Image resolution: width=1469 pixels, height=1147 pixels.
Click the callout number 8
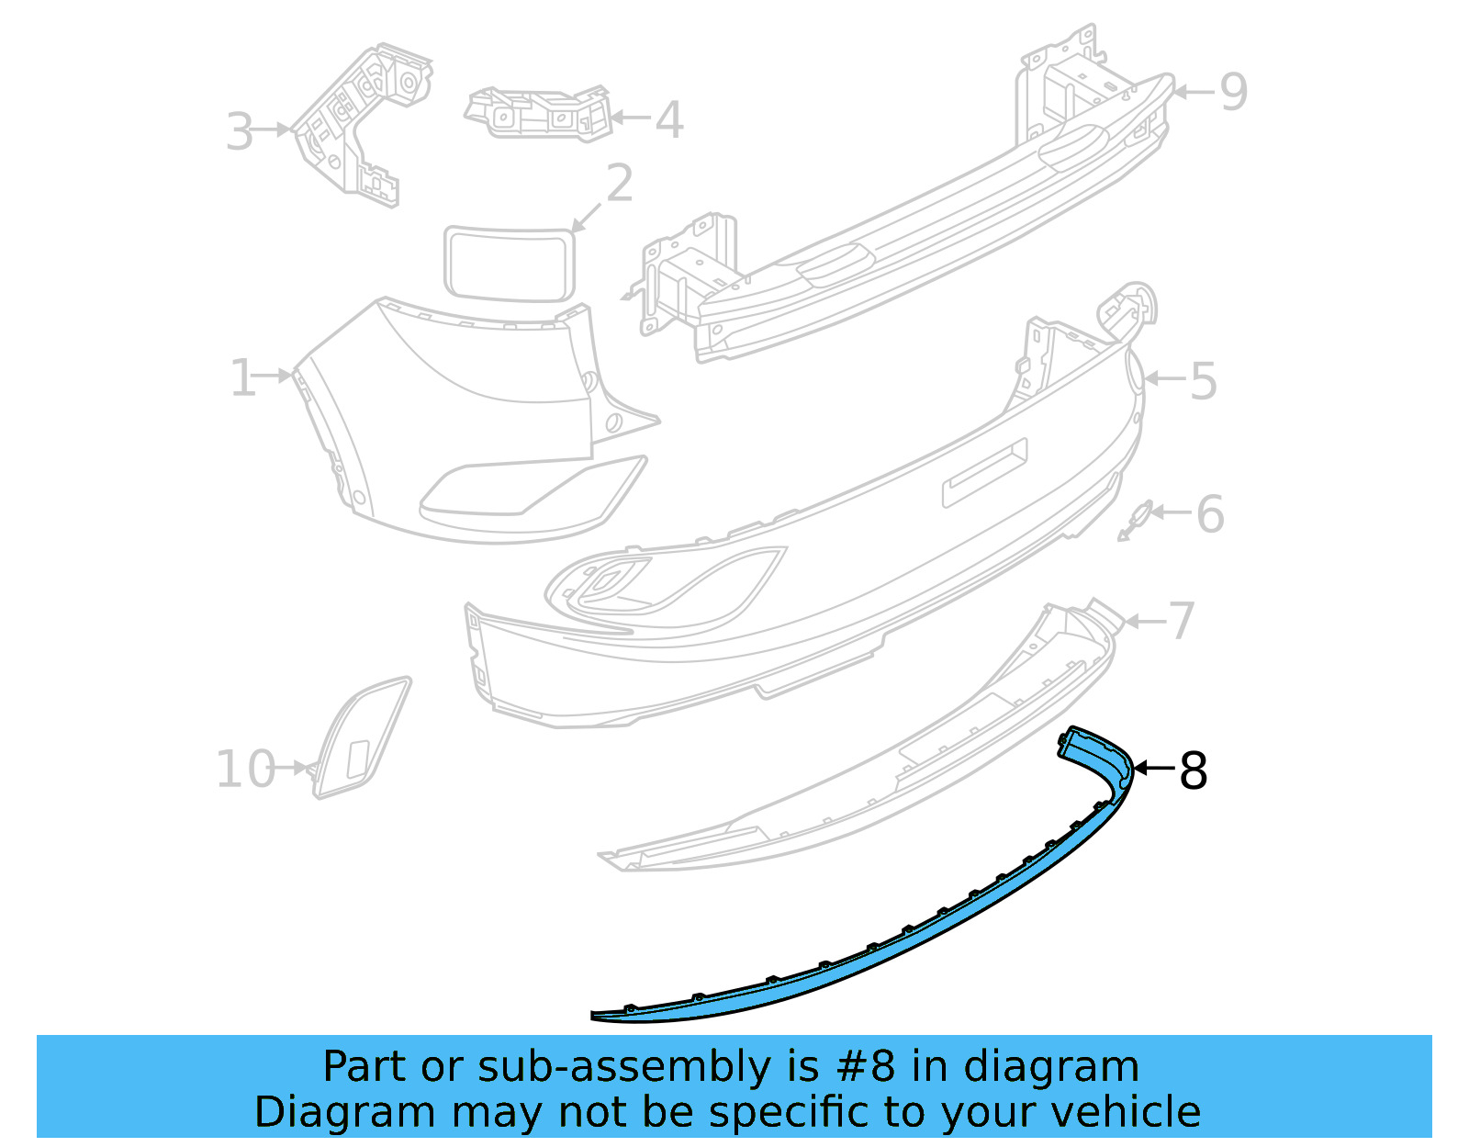pos(1193,771)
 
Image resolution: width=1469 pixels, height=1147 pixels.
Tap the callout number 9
pos(1233,92)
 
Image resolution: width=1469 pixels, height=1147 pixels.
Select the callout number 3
pos(240,132)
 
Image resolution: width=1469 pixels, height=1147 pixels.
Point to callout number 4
pos(669,120)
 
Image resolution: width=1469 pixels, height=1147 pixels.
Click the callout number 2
pos(620,184)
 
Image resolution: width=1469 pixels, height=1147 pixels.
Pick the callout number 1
pos(242,378)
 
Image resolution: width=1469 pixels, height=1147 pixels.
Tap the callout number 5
pos(1203,381)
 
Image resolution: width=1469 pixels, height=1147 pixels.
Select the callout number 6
pos(1210,514)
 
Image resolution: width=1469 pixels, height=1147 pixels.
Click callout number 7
pos(1182,621)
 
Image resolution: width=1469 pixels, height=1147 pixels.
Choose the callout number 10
pos(245,770)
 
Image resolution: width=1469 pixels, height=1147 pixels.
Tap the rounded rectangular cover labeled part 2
pos(509,263)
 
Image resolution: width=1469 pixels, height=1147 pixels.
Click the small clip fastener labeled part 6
pos(1137,520)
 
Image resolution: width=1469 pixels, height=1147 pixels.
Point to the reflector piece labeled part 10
pos(361,737)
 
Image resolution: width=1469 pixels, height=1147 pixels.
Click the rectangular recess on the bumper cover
pos(984,472)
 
